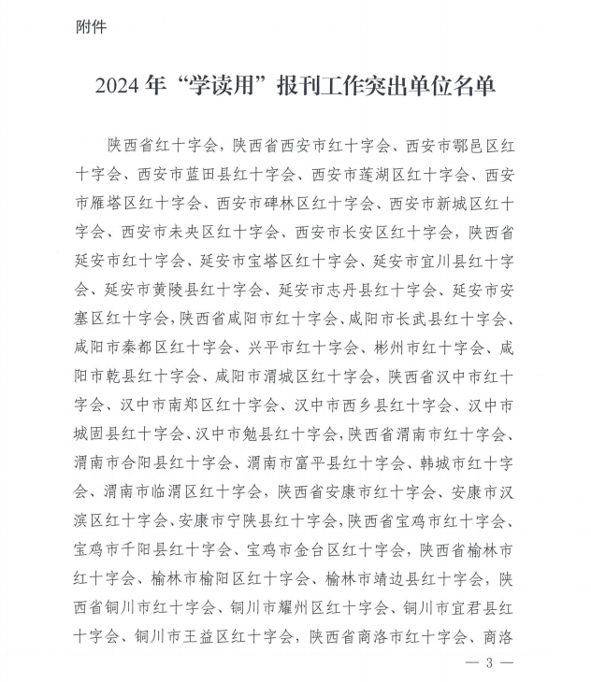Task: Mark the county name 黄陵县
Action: point(173,290)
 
